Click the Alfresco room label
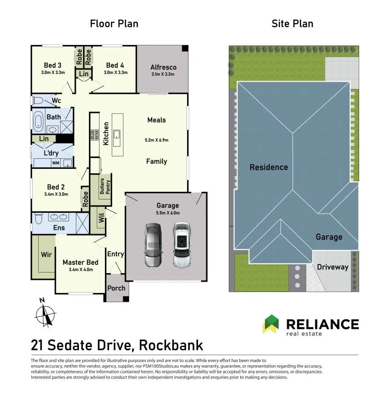coord(163,67)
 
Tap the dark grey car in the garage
coord(153,245)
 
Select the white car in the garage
coord(182,245)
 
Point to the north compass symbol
coord(45,314)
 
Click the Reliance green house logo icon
coord(271,324)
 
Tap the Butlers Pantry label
coord(105,186)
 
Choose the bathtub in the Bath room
coord(38,121)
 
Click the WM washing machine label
coord(55,163)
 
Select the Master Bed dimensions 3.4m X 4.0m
coord(81,270)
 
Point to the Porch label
coord(116,288)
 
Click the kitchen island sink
coord(117,138)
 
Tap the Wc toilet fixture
coord(38,101)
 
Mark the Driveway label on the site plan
coord(332,267)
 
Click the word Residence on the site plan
coord(269,167)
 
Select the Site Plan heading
coord(293,24)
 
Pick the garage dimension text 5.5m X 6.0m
coord(168,213)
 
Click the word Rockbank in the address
coord(171,345)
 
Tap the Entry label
coord(116,254)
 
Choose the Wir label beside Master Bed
coord(46,255)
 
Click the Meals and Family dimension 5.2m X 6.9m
coord(157,140)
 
